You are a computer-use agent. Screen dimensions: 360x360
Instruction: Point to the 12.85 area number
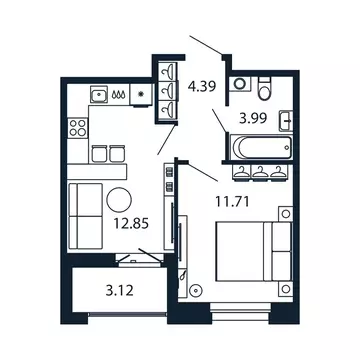(132, 225)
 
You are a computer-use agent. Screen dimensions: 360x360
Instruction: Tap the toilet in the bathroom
(263, 91)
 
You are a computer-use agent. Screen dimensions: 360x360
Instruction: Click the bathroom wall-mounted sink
(287, 121)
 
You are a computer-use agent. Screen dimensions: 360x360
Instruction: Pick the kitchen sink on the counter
(101, 95)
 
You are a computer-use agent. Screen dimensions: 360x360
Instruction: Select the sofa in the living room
(85, 213)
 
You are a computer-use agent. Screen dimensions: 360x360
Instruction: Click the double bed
(255, 254)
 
